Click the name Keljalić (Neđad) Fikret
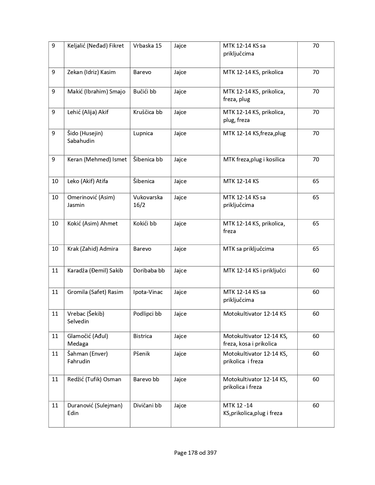[x=96, y=46]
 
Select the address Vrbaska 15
[x=147, y=46]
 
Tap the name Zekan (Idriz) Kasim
[x=91, y=72]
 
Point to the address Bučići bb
[x=145, y=92]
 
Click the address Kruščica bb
[x=148, y=112]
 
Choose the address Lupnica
[x=143, y=133]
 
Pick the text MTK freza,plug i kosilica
[x=254, y=160]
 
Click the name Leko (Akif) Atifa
[x=88, y=181]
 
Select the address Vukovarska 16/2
[x=148, y=201]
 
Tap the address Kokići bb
[x=145, y=224]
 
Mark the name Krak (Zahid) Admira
[x=93, y=249]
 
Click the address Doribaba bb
[x=149, y=271]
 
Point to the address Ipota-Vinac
[x=148, y=292]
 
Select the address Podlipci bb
[x=147, y=314]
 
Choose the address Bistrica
[x=143, y=336]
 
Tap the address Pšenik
[x=141, y=354]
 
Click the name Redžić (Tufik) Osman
[x=94, y=379]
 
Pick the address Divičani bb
[x=147, y=406]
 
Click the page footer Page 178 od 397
[x=195, y=453]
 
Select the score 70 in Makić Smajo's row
[x=316, y=92]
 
